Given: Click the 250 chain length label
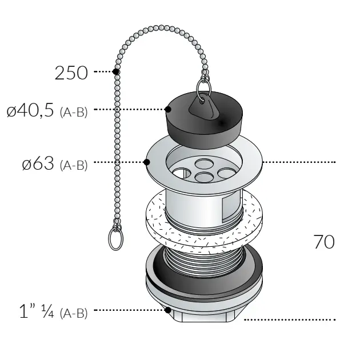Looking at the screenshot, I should [71, 73].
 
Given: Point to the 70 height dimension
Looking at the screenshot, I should [323, 242].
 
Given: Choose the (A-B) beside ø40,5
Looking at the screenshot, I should [73, 111].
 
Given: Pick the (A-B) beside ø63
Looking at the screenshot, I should [73, 166].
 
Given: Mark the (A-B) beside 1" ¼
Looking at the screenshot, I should [73, 313].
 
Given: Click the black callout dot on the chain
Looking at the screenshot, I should [116, 72].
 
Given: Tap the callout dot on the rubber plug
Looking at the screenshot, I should [169, 109].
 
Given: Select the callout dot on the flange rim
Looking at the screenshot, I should [147, 163].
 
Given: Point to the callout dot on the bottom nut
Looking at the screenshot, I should [168, 310].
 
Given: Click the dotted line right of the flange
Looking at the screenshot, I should [300, 163].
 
